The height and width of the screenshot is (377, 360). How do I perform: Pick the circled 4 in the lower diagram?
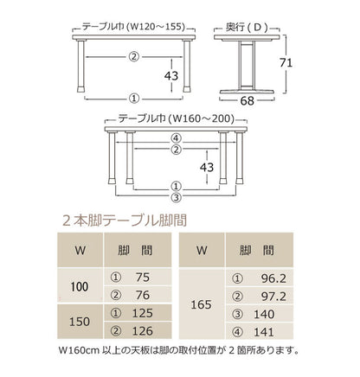click(x=175, y=137)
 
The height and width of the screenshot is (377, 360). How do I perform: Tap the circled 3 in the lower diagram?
click(x=175, y=196)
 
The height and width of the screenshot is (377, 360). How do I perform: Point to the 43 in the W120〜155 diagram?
click(x=171, y=75)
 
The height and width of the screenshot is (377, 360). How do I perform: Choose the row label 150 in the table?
click(x=80, y=320)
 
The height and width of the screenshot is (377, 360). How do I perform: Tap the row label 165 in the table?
click(x=201, y=304)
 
